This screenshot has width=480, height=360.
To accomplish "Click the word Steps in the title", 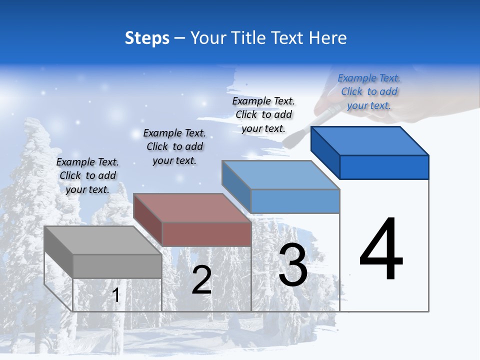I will tap(146, 38).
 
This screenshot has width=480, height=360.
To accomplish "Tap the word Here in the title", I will tap(327, 38).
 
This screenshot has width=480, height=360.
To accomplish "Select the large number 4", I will tap(381, 249).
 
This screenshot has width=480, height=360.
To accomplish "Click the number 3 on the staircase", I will tap(293, 265).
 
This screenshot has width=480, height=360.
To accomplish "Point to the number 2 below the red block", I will tap(201, 280).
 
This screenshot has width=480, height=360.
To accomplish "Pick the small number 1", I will tap(116, 295).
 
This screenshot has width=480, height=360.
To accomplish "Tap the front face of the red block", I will tap(206, 234).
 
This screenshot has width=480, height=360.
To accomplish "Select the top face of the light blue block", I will tap(280, 175).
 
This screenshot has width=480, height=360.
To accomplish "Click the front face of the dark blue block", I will tap(384, 167).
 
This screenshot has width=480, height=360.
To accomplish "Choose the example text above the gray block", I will tap(87, 175).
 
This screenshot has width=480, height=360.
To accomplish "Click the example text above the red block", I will tap(174, 146).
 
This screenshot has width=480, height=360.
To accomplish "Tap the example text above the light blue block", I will tap(263, 114).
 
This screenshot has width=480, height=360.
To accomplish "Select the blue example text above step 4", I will tap(369, 91).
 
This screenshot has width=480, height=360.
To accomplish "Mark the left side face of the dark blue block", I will tap(325, 151).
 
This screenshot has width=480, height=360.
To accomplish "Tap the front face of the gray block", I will tap(117, 266).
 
